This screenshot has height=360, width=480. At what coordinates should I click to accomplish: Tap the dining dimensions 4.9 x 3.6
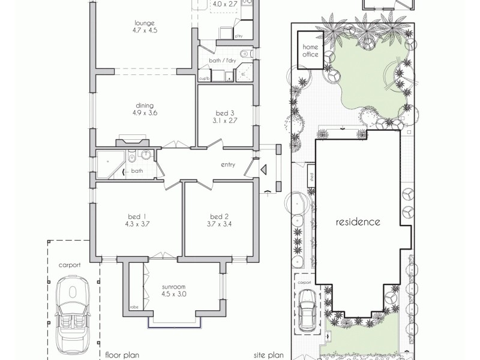(145, 112)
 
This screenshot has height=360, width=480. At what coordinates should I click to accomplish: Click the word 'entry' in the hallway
(228, 165)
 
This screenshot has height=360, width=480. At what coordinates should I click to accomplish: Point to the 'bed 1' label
(137, 216)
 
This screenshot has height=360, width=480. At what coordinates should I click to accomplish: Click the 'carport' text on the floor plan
(69, 264)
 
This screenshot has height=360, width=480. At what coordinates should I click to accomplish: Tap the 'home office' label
(310, 51)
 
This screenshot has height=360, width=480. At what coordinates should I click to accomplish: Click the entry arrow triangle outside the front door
(263, 170)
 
